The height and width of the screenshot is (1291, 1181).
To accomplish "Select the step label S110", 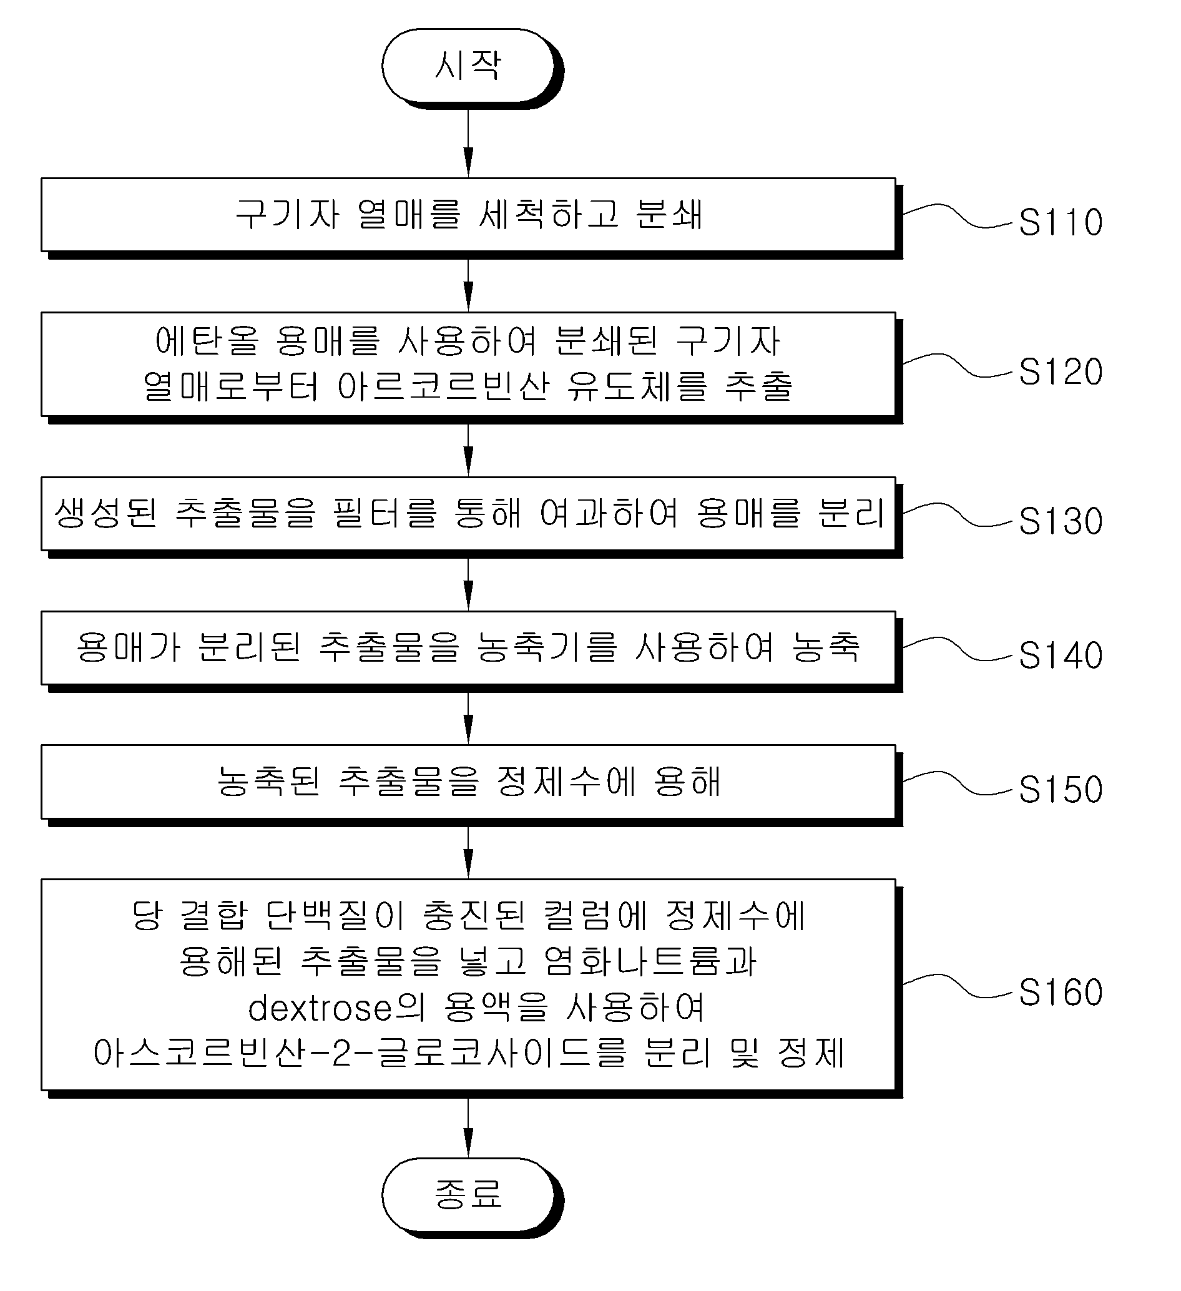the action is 1061,222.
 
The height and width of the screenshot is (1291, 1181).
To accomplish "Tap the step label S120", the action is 1061,371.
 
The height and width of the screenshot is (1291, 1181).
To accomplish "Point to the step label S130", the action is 1061,521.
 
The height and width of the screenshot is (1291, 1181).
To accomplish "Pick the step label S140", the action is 1061,655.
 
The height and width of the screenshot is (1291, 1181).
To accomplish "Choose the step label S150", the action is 1061,789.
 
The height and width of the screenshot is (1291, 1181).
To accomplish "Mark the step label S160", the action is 1061,992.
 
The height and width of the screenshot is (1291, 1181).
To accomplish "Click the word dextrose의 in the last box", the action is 337,1008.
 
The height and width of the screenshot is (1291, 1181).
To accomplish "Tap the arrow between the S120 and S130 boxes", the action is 468,450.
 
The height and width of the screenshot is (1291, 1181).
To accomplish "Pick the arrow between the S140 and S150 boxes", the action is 468,719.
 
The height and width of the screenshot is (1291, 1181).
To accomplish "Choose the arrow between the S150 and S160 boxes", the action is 468,853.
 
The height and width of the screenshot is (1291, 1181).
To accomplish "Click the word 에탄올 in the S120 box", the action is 207,340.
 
